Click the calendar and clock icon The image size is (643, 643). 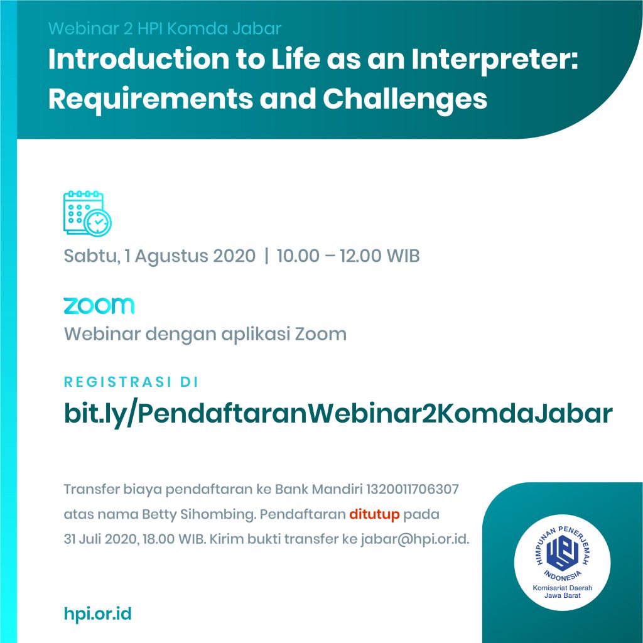(87, 213)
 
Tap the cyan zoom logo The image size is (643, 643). (99, 306)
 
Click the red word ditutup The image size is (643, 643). (374, 514)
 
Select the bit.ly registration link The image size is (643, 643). (338, 413)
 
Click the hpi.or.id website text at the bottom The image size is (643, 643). (97, 614)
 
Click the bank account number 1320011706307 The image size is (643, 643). (412, 489)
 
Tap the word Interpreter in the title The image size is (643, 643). (495, 60)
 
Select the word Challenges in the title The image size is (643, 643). (405, 100)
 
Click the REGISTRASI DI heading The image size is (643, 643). (131, 382)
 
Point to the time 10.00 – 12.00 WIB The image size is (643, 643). (348, 256)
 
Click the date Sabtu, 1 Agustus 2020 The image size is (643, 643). (159, 256)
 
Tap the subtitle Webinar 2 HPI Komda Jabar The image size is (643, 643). (165, 29)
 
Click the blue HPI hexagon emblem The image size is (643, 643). (562, 553)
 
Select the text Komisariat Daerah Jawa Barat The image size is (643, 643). (562, 592)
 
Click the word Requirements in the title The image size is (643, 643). (151, 100)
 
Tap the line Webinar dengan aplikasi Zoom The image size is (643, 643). (205, 334)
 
